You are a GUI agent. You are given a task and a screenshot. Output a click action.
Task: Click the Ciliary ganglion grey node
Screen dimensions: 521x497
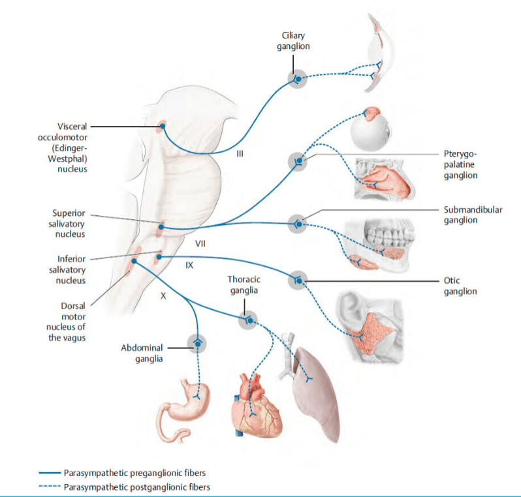(x=297, y=79)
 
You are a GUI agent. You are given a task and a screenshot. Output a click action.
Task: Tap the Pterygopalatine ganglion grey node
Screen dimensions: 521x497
(x=298, y=162)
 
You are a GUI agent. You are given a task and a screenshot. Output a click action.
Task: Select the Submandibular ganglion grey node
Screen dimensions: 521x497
(x=297, y=224)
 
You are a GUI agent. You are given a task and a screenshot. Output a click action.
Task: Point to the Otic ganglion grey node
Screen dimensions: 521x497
(x=298, y=280)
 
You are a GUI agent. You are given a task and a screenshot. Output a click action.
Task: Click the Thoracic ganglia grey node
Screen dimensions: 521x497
(x=249, y=320)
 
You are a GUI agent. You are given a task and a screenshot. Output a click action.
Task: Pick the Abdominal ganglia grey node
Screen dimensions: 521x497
(x=197, y=344)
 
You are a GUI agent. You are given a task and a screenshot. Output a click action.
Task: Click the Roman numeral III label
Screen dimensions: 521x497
(x=240, y=154)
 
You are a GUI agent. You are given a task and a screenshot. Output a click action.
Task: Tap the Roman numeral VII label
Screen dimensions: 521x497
(x=200, y=244)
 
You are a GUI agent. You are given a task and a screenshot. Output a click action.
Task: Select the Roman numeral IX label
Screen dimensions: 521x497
(x=189, y=265)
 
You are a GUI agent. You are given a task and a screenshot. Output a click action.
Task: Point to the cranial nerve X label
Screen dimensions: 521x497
(x=163, y=296)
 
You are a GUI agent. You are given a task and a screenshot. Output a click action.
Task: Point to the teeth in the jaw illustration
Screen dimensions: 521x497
(x=389, y=233)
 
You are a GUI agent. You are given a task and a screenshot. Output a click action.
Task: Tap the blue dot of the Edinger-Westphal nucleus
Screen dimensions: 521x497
(x=163, y=126)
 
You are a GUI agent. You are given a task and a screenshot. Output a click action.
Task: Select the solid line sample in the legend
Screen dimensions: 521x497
(x=50, y=473)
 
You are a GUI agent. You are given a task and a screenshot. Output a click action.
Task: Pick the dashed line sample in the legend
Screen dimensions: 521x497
(x=50, y=487)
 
